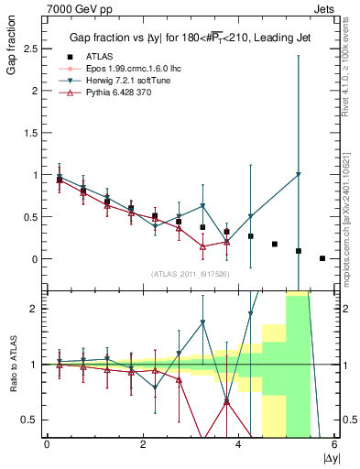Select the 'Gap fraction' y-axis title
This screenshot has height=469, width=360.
point(10,47)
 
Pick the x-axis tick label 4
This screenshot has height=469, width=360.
point(238,444)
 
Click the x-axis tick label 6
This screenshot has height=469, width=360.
point(334,444)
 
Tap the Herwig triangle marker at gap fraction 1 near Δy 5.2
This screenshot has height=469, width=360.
point(299,175)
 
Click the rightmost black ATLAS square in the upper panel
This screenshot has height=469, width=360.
point(322,258)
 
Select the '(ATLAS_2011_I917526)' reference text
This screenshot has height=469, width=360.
point(190,274)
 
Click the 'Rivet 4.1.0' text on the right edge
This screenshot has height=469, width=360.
point(351,63)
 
